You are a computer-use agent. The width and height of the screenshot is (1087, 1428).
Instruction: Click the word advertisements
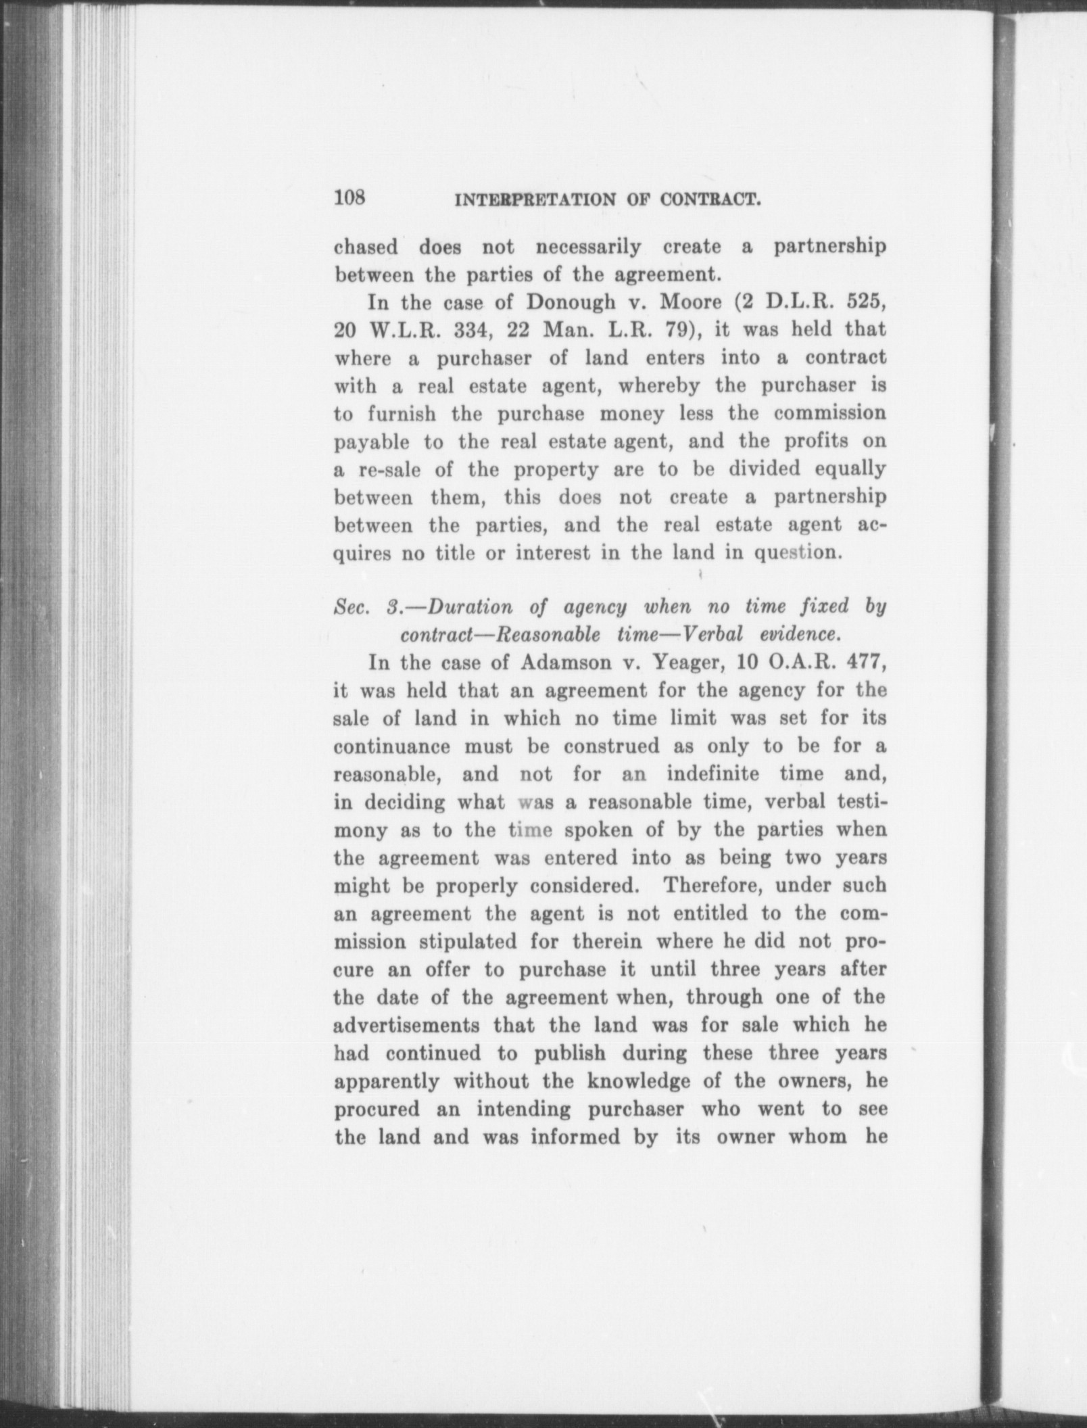[407, 1025]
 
